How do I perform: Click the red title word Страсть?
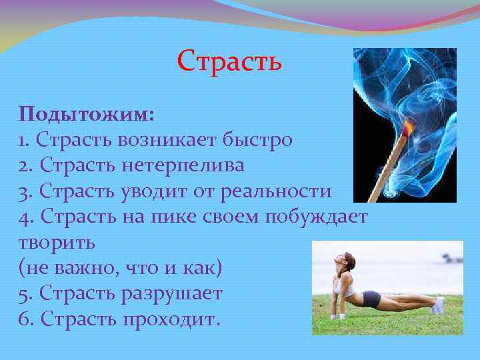click(x=230, y=61)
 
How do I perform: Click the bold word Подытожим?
click(x=87, y=114)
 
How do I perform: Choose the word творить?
click(x=57, y=242)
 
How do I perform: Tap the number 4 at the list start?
click(x=25, y=217)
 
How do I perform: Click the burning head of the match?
click(x=409, y=126)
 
